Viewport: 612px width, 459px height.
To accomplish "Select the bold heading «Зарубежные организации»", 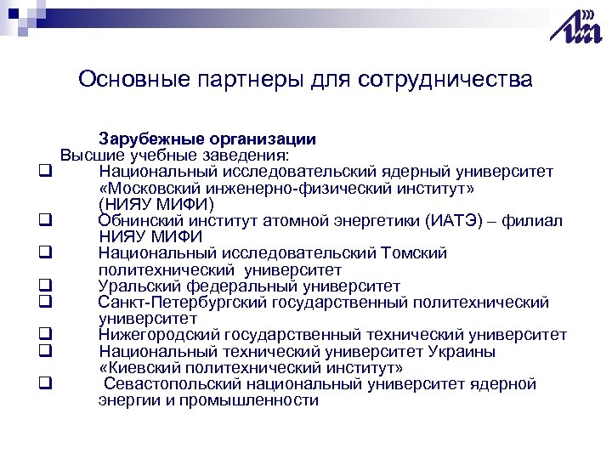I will click(x=207, y=139).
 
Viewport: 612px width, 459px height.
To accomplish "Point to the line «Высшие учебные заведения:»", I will click(x=174, y=156).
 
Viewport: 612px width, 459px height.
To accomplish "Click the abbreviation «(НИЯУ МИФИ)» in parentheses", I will click(x=156, y=205).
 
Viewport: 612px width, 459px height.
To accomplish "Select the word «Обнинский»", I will click(x=140, y=221).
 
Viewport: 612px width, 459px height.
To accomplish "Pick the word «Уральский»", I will click(x=138, y=286).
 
